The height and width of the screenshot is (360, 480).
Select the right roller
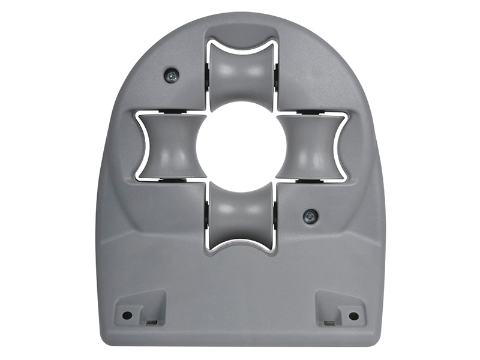click(310, 147)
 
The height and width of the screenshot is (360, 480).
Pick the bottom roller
click(241, 216)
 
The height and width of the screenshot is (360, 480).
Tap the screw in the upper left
click(172, 76)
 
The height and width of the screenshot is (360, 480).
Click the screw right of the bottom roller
click(310, 217)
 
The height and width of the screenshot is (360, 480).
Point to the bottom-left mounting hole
click(127, 315)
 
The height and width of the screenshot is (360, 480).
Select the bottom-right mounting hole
click(353, 316)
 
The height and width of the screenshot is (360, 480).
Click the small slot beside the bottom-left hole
click(151, 322)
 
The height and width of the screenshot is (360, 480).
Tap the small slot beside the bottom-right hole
click(329, 322)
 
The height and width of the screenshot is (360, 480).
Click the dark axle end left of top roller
click(207, 75)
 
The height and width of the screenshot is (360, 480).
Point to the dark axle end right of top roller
click(276, 75)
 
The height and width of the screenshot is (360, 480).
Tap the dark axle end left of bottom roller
click(207, 217)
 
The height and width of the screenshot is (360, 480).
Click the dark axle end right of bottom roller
click(276, 217)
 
